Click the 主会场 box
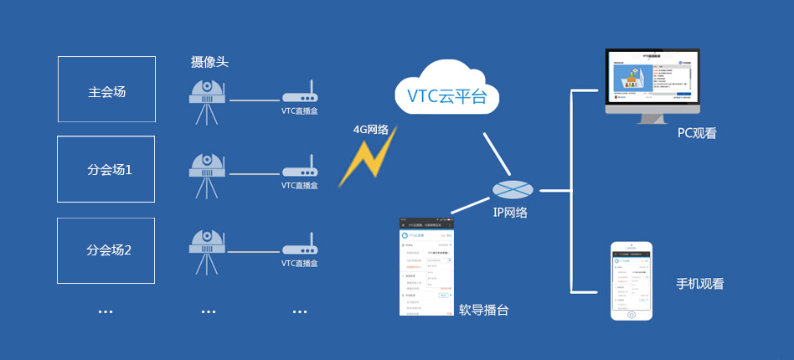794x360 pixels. coord(106,90)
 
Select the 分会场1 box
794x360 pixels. coord(106,169)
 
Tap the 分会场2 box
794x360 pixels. coord(106,249)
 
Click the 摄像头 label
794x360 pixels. coord(209,62)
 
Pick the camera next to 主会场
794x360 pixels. coord(206,101)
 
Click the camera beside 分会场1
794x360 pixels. coord(206,177)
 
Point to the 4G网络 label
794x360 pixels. coord(370,130)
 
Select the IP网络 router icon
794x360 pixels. coord(511,190)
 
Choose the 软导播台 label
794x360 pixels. coord(483,310)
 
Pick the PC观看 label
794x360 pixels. coord(697,133)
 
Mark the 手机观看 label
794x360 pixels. coord(699,284)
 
